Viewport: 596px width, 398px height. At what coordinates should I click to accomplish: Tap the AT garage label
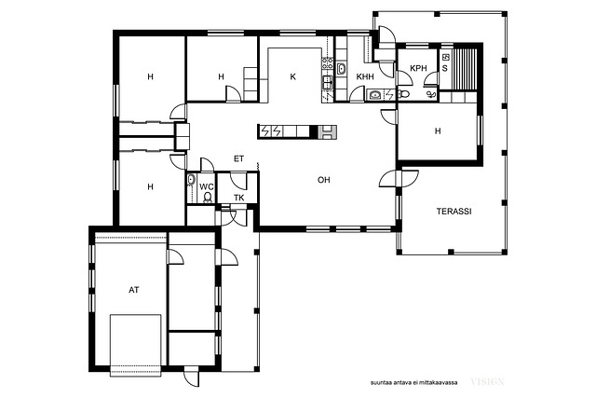134,290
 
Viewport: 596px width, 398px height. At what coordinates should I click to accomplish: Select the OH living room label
324,180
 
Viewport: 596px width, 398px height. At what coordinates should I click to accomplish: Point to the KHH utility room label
365,76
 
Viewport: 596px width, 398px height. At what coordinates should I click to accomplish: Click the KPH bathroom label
418,68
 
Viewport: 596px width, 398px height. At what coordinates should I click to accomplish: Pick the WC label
207,186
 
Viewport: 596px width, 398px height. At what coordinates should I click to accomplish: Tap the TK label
239,198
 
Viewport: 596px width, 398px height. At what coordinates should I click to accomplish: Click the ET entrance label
238,159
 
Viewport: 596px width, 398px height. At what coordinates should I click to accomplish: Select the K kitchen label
292,76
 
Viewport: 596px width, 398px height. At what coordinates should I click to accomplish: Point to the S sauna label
445,69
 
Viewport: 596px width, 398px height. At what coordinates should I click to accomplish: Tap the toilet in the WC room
208,197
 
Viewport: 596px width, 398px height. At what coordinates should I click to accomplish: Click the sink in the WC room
191,180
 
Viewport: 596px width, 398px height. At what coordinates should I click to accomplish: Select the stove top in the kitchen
327,62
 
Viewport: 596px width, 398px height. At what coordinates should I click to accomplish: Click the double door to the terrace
399,178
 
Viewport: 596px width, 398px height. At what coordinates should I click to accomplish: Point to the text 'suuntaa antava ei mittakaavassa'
413,382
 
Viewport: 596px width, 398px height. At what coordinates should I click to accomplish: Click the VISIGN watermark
488,381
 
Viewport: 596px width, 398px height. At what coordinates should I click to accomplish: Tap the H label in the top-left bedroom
151,76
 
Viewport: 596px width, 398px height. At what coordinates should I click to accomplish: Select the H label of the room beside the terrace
438,131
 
